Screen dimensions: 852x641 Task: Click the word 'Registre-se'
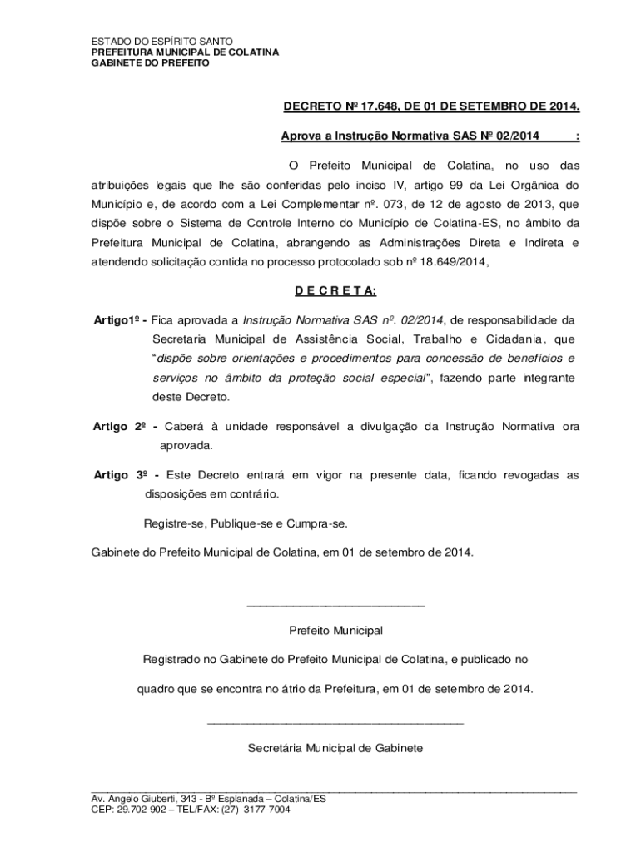[174, 523]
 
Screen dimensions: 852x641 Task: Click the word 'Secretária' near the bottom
[275, 748]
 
